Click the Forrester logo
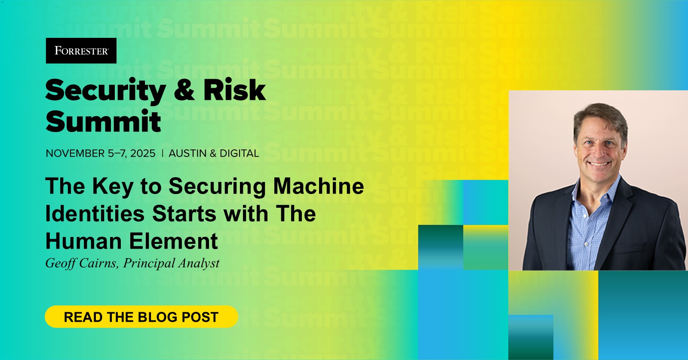tap(81, 51)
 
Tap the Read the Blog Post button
tap(141, 317)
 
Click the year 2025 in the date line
tap(143, 153)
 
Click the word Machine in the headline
tap(319, 186)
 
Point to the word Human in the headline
tap(84, 241)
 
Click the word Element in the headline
tap(174, 241)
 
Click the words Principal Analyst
tap(172, 263)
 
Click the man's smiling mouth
tap(599, 164)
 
